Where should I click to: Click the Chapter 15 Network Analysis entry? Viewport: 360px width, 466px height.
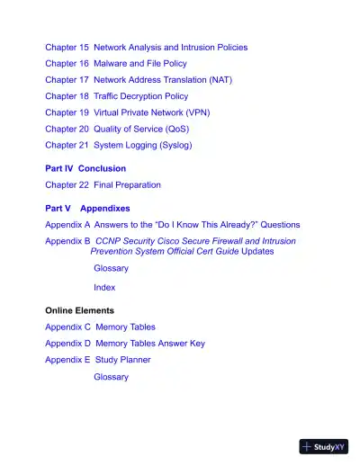(146, 47)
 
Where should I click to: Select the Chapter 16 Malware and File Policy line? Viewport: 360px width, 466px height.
(116, 63)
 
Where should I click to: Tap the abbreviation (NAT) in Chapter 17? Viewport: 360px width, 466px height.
(220, 79)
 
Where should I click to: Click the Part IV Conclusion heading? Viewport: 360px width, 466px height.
(85, 168)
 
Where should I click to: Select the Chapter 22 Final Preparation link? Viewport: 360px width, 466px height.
(103, 184)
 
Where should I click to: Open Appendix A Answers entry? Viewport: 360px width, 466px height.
(172, 224)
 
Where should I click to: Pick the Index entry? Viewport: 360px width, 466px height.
(104, 287)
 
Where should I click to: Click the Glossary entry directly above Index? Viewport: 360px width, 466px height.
(111, 268)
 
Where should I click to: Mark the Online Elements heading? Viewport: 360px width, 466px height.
(80, 310)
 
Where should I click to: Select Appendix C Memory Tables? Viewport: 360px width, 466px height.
(100, 327)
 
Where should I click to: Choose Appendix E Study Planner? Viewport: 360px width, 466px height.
(98, 359)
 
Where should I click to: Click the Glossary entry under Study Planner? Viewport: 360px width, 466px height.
(111, 377)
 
